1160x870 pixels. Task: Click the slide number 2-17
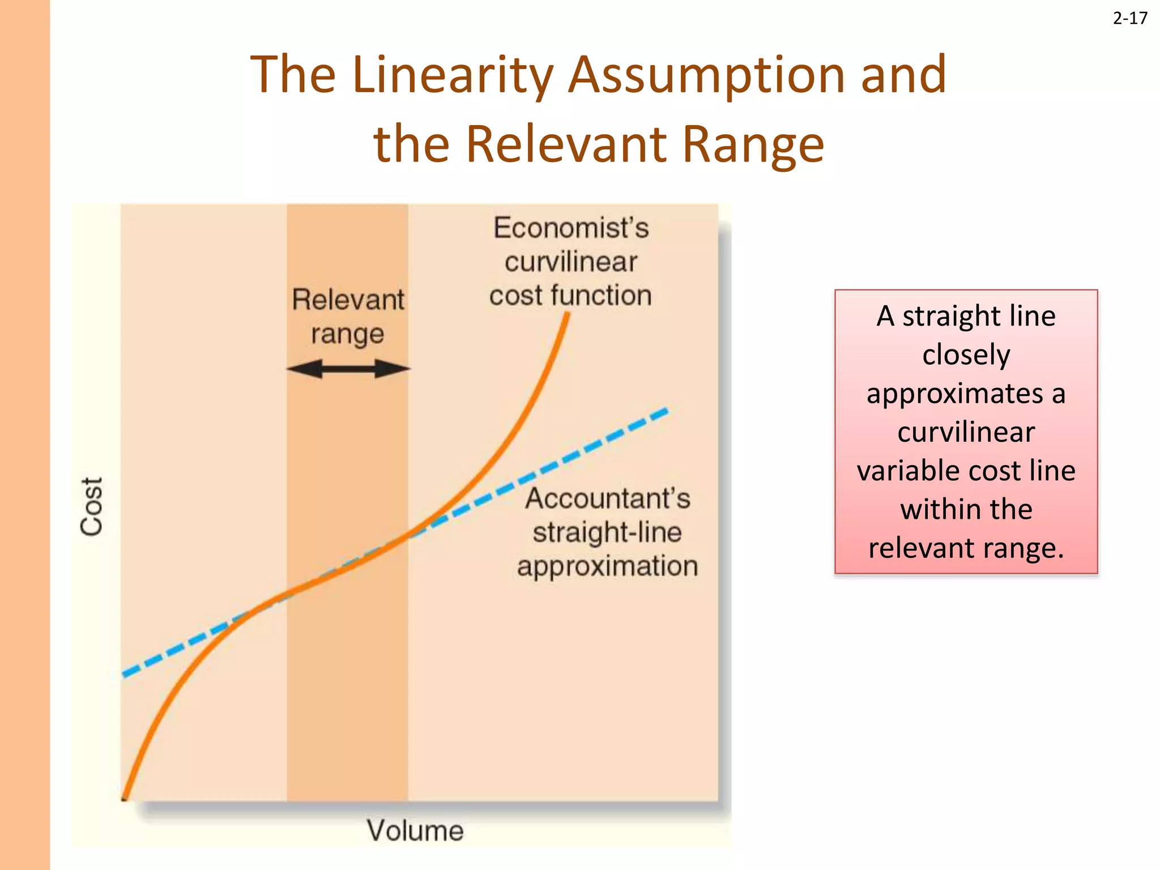click(1130, 19)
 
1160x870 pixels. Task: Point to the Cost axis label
click(92, 506)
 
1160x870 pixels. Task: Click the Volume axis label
click(415, 831)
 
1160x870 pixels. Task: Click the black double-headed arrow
click(348, 369)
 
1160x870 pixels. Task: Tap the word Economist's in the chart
click(571, 228)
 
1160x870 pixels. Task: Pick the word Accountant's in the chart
click(608, 498)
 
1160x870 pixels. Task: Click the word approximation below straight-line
click(607, 566)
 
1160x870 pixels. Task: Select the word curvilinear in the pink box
click(966, 432)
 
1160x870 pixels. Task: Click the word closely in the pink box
click(966, 355)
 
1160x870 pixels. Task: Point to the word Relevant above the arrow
click(348, 300)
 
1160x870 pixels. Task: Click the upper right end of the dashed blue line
click(668, 410)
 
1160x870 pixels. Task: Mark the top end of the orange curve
click(567, 315)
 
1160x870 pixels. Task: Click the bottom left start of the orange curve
click(125, 798)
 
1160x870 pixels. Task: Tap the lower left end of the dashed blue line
click(125, 675)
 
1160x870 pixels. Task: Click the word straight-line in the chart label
click(607, 532)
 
